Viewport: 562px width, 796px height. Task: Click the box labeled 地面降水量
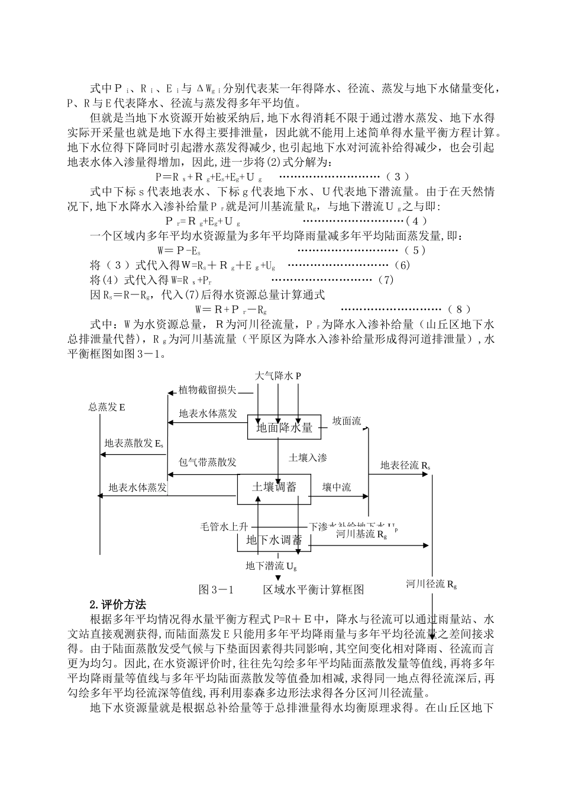point(284,427)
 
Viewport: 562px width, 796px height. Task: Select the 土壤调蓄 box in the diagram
point(274,487)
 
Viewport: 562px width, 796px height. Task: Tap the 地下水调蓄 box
point(274,540)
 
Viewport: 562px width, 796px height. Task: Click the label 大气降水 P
point(278,376)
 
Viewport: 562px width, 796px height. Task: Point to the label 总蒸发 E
point(106,407)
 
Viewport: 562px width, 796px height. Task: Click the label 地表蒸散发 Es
point(134,443)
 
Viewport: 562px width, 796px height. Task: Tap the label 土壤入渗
point(308,457)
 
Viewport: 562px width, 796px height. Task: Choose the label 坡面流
point(346,421)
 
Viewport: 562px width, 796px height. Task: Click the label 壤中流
point(336,487)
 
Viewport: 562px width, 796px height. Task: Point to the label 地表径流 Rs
point(405,465)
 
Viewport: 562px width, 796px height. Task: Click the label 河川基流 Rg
point(361,534)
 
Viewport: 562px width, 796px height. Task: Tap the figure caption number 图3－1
point(217,589)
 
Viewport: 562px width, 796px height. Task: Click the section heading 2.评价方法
point(117,605)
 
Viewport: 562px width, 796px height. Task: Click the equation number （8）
point(459,309)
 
